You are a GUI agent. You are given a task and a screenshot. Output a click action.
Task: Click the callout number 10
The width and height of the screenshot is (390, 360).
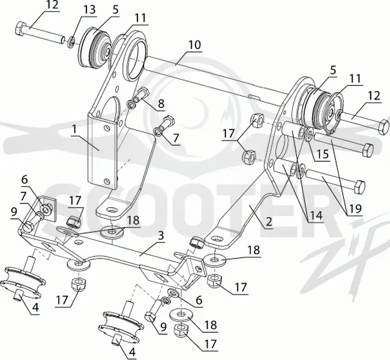(194, 45)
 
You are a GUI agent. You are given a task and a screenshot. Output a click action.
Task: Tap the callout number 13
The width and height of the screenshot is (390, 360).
(89, 10)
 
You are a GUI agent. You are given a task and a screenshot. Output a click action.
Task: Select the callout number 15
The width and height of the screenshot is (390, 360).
(323, 154)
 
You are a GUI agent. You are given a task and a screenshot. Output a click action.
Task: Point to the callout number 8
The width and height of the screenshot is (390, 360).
(161, 103)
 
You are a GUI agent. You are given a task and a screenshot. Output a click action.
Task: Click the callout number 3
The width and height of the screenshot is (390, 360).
(161, 236)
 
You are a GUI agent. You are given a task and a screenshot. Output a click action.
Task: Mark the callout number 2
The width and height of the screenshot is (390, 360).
(269, 221)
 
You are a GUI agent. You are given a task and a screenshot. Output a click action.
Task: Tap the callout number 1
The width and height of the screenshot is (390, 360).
(74, 130)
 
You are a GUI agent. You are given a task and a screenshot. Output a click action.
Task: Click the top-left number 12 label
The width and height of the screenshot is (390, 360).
(52, 5)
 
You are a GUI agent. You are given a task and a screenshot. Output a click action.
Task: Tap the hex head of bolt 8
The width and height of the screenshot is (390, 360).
(143, 93)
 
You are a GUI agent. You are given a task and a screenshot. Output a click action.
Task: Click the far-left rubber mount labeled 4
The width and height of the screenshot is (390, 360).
(23, 282)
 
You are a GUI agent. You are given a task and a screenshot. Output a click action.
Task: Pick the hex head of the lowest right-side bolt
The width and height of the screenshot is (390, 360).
(359, 187)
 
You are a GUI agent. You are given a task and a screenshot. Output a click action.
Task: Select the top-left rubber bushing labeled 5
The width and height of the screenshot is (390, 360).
(94, 49)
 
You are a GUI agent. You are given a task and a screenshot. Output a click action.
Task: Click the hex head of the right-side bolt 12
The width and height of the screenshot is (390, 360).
(383, 127)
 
